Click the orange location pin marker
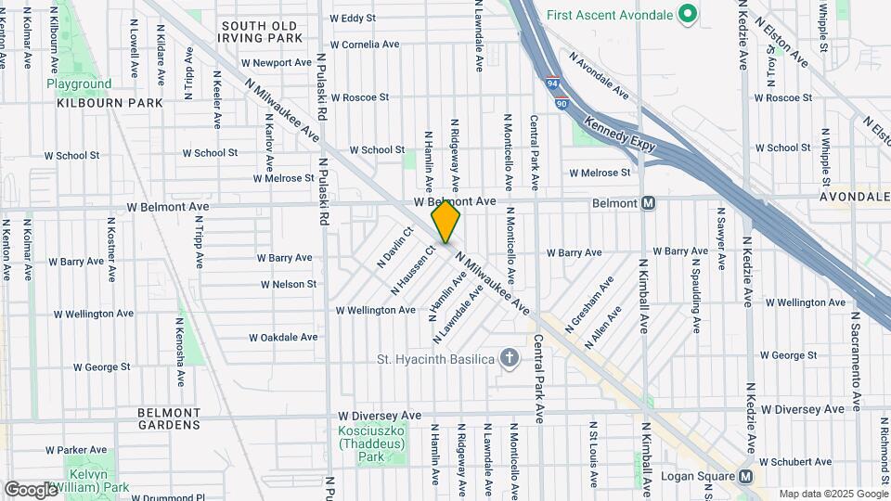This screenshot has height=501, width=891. coord(445,222)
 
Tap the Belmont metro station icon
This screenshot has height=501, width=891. coord(649,203)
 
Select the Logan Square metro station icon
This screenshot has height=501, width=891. coord(745,477)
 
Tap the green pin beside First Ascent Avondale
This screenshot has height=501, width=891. coord(687,15)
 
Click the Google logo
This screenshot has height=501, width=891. coord(31,489)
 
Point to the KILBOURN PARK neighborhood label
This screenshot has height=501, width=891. coord(110,104)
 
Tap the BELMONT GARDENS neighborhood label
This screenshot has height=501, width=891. coord(168,418)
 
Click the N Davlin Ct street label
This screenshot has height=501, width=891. coord(394,248)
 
